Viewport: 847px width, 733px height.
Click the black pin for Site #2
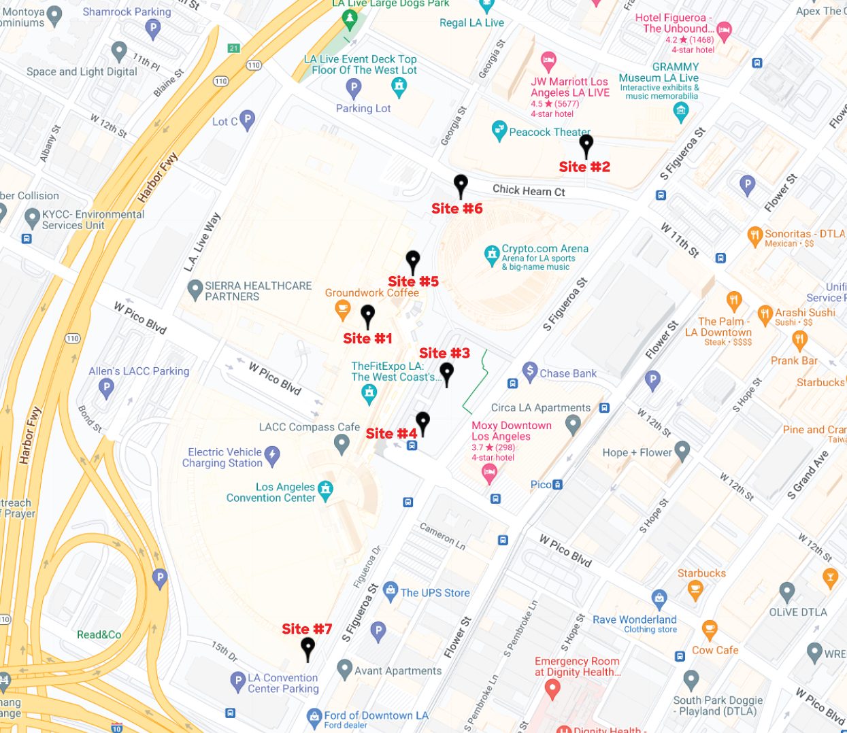[586, 145]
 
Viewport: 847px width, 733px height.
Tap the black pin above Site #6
[461, 185]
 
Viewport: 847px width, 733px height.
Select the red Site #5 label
[413, 282]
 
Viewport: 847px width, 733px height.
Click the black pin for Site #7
[308, 648]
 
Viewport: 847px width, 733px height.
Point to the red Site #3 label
[444, 353]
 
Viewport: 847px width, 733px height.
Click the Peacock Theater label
[550, 132]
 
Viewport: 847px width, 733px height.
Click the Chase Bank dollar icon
[529, 371]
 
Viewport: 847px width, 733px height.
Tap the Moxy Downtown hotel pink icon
[488, 474]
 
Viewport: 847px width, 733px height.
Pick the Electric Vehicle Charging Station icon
[272, 456]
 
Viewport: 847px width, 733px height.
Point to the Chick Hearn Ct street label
[529, 190]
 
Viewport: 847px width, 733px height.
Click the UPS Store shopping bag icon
[390, 591]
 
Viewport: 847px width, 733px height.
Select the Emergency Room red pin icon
[552, 689]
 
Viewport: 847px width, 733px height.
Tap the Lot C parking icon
[248, 120]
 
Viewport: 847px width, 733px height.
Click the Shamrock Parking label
[127, 12]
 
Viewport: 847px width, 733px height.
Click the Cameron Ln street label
[442, 536]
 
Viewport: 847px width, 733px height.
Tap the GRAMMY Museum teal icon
[680, 112]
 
